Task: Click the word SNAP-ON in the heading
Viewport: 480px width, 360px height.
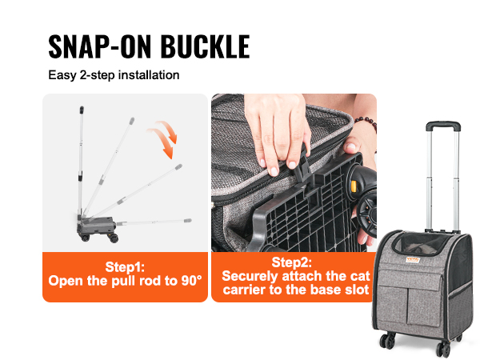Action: coord(100,46)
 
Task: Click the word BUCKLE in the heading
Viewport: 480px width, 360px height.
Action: coord(206,46)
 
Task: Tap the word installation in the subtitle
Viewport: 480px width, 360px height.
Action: coord(149,75)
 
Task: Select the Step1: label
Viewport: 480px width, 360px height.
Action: coord(125,267)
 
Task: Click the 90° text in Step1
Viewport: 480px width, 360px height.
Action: coord(191,281)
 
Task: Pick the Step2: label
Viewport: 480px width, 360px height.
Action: coord(292,262)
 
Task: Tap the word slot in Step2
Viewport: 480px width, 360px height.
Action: coord(357,290)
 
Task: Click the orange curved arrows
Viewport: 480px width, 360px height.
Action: coord(163,139)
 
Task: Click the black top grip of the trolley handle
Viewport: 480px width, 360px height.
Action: coord(443,126)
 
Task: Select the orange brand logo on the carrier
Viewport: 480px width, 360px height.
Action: coord(413,259)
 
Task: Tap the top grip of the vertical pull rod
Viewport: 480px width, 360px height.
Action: coord(82,110)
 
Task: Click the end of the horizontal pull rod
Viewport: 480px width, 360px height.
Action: coord(188,221)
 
